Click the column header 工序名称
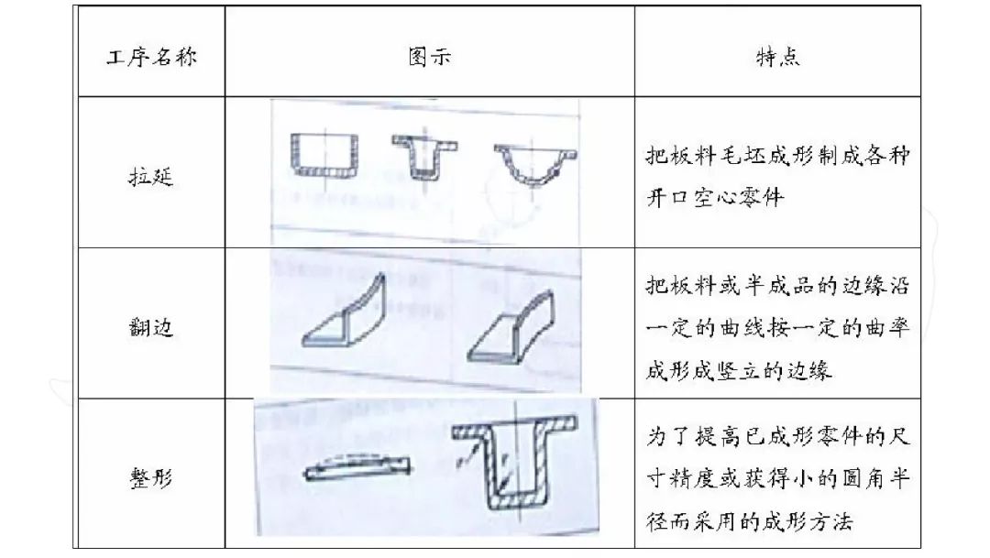click(150, 57)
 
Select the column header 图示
click(429, 57)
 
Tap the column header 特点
click(777, 57)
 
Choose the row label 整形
click(150, 476)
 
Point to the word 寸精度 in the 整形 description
click(687, 479)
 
